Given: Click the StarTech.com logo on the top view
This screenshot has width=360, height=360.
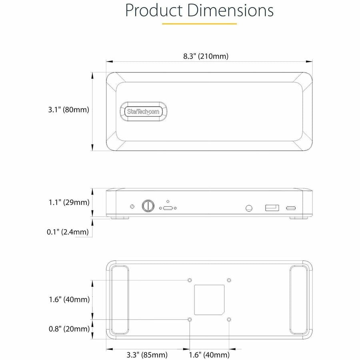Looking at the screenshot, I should click(x=143, y=112).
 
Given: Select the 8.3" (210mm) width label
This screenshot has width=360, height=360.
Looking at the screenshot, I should click(x=206, y=56).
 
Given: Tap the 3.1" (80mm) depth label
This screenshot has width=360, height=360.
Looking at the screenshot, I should click(x=68, y=110).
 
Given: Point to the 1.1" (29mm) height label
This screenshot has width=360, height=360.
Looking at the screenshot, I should click(x=68, y=202).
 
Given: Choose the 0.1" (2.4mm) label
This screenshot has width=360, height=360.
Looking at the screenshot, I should click(x=68, y=232).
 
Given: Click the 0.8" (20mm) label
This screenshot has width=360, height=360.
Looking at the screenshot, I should click(x=68, y=329).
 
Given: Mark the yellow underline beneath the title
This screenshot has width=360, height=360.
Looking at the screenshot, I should click(x=199, y=24).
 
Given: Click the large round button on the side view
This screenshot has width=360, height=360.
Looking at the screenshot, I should click(x=148, y=206).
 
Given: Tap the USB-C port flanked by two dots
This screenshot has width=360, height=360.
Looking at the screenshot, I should click(x=167, y=208).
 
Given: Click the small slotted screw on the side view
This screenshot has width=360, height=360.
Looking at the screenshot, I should click(x=132, y=206).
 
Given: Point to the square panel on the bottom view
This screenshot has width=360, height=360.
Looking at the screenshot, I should click(x=209, y=300).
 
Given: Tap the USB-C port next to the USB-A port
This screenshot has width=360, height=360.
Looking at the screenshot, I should click(x=291, y=208).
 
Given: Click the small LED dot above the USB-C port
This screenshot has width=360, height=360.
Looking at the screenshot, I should click(x=168, y=202).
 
